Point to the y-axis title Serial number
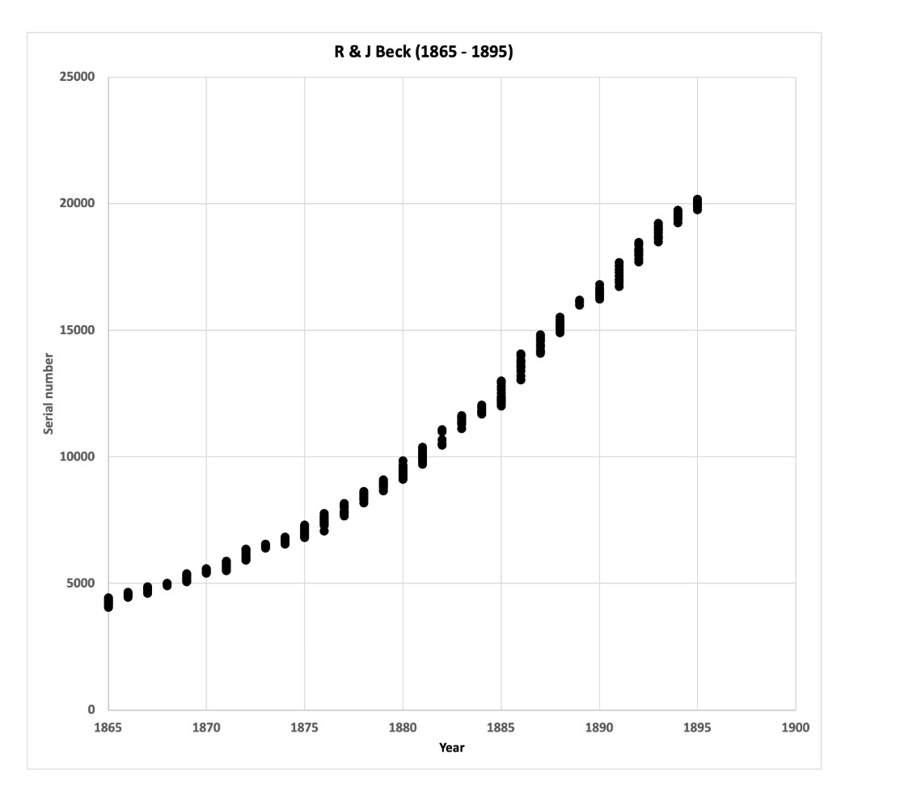point(49,393)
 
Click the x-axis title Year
point(451,748)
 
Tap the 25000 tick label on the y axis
point(77,77)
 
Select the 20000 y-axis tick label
point(77,203)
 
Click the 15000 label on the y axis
point(77,329)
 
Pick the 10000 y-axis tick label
point(77,456)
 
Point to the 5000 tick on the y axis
point(80,583)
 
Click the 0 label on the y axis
point(91,710)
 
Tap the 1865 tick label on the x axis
point(108,727)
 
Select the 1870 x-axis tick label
point(206,727)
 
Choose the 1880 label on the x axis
point(403,727)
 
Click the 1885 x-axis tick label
point(501,727)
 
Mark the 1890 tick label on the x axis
point(599,727)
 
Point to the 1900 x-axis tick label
point(796,727)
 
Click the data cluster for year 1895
point(697,204)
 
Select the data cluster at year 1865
point(108,602)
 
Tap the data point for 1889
point(580,302)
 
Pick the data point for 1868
point(167,584)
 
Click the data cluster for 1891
point(619,274)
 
